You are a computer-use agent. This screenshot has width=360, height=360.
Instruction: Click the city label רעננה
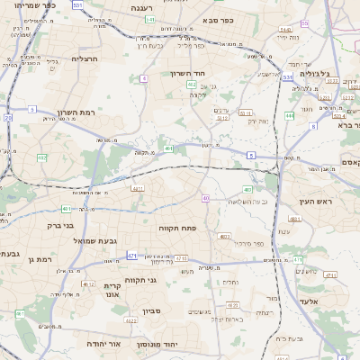tap(142, 7)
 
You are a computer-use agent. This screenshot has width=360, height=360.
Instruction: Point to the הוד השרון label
tap(187, 73)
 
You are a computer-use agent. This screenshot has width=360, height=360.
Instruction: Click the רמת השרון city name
tap(76, 112)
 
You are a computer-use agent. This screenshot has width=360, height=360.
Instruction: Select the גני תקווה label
tap(140, 280)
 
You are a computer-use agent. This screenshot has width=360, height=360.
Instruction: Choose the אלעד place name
tap(310, 301)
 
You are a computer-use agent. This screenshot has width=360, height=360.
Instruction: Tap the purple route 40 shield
tap(206, 197)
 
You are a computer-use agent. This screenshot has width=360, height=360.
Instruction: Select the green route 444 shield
tap(289, 115)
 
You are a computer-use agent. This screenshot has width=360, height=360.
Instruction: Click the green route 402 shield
tap(192, 84)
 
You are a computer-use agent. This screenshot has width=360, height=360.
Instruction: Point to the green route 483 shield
tap(294, 219)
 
